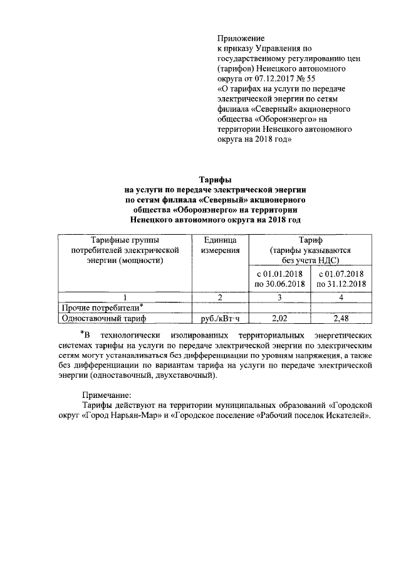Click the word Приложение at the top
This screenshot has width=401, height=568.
point(241,39)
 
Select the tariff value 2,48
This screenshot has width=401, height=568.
point(341,318)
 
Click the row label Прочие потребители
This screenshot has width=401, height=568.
point(97,308)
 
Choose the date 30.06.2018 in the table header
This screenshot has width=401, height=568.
point(279,284)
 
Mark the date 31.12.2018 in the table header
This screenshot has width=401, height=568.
point(341,284)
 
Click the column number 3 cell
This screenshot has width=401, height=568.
point(279,296)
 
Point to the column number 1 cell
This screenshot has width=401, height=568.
point(125,296)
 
